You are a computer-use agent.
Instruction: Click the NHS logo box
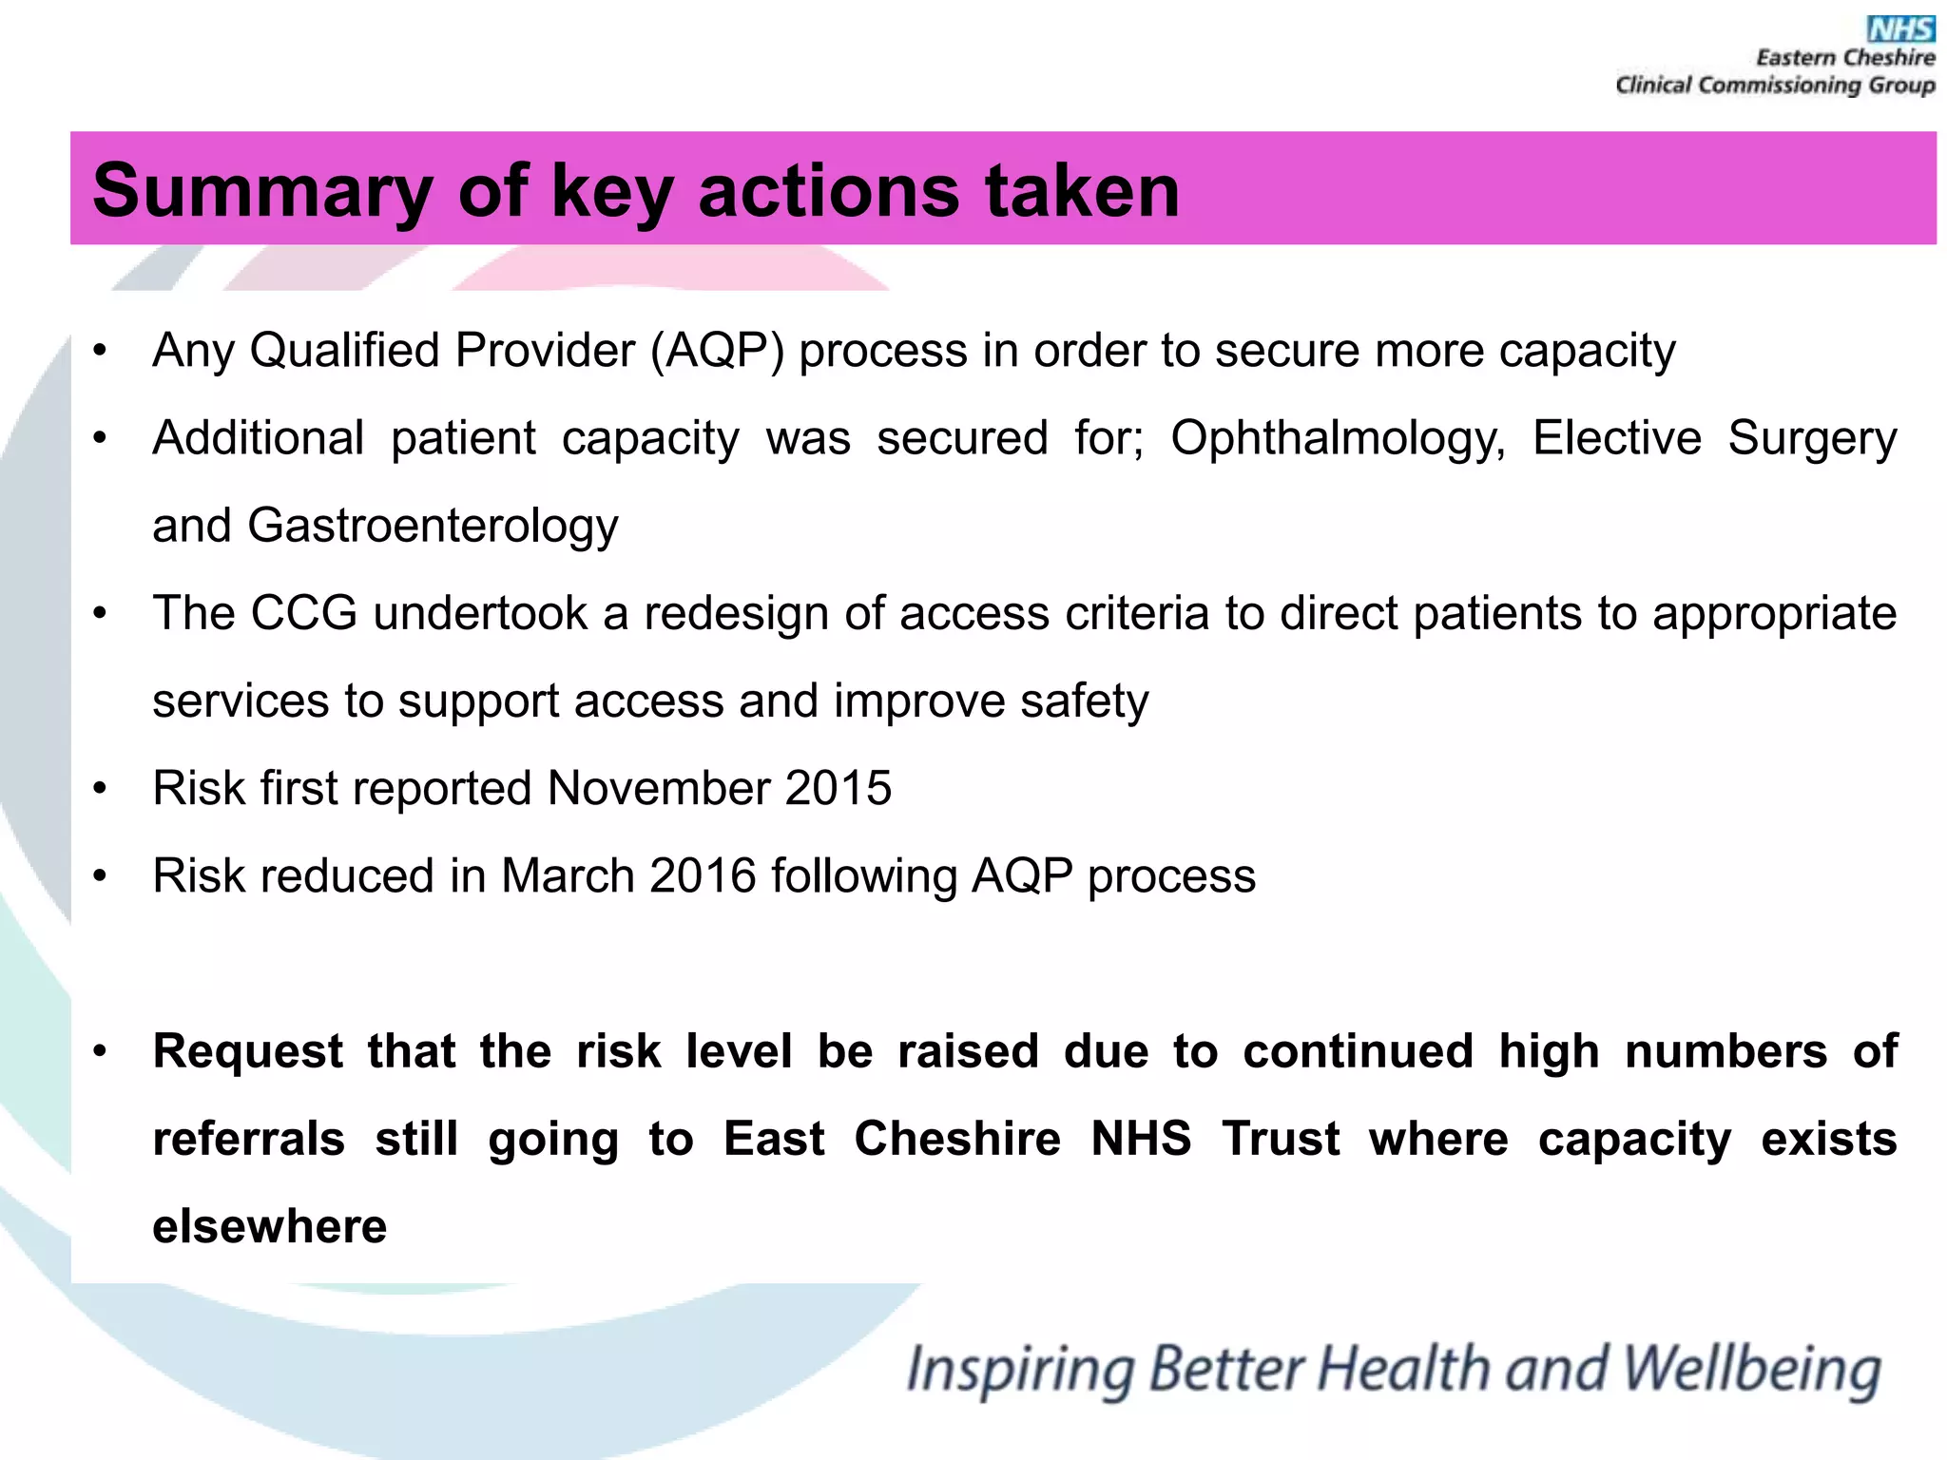click(x=1900, y=29)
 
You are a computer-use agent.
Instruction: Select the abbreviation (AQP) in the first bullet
click(x=717, y=350)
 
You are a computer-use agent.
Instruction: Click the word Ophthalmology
click(x=1338, y=439)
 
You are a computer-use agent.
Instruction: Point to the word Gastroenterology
click(x=433, y=526)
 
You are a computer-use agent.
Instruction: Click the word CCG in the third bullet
click(x=303, y=613)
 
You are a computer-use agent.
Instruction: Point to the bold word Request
click(x=247, y=1051)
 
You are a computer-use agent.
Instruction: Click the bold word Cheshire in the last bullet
click(x=956, y=1139)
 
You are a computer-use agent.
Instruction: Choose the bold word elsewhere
click(x=270, y=1226)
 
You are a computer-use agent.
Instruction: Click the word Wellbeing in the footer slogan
click(x=1751, y=1370)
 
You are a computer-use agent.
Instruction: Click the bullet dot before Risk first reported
click(x=100, y=789)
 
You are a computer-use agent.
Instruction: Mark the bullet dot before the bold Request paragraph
click(x=100, y=1052)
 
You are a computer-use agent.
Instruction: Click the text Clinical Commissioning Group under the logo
click(x=1775, y=86)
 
